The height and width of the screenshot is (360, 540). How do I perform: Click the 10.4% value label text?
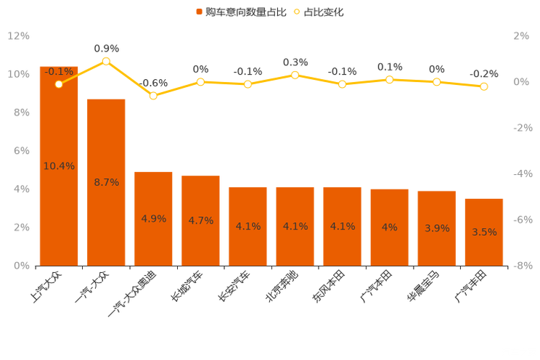59,166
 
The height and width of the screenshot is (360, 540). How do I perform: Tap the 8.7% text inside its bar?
106,182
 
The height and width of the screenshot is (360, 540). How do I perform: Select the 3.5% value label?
484,232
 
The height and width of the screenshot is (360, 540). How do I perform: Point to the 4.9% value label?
153,218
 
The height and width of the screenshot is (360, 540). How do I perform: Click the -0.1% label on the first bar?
59,71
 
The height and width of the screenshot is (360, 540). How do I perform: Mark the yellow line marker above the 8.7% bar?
106,61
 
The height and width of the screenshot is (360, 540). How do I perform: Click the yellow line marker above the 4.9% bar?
153,95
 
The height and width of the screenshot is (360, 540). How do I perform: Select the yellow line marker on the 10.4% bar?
59,83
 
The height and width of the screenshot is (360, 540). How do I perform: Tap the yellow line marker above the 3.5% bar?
484,86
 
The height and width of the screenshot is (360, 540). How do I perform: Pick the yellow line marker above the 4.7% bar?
200,81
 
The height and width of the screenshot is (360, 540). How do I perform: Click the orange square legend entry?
198,12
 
